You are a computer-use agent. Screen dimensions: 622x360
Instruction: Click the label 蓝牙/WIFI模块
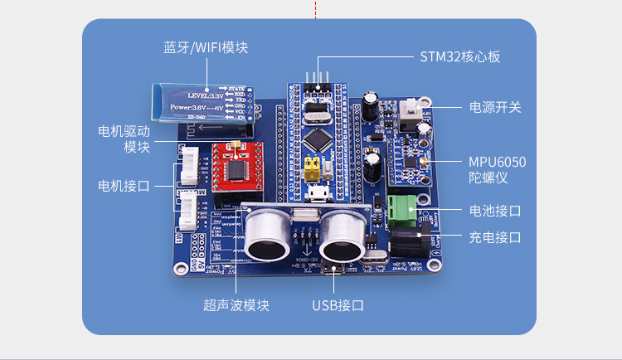point(205,47)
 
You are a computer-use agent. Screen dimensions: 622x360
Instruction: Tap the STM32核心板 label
point(459,57)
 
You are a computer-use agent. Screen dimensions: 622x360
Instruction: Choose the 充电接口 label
point(495,237)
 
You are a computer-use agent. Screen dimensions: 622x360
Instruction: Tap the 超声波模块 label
point(236,304)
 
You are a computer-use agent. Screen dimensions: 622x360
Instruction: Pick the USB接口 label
point(338,304)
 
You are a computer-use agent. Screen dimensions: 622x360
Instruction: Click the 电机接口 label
point(124,185)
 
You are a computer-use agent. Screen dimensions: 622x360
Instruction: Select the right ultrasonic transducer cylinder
point(343,236)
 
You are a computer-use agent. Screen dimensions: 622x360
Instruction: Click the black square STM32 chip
point(318,136)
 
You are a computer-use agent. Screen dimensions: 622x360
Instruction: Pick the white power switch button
point(408,110)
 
